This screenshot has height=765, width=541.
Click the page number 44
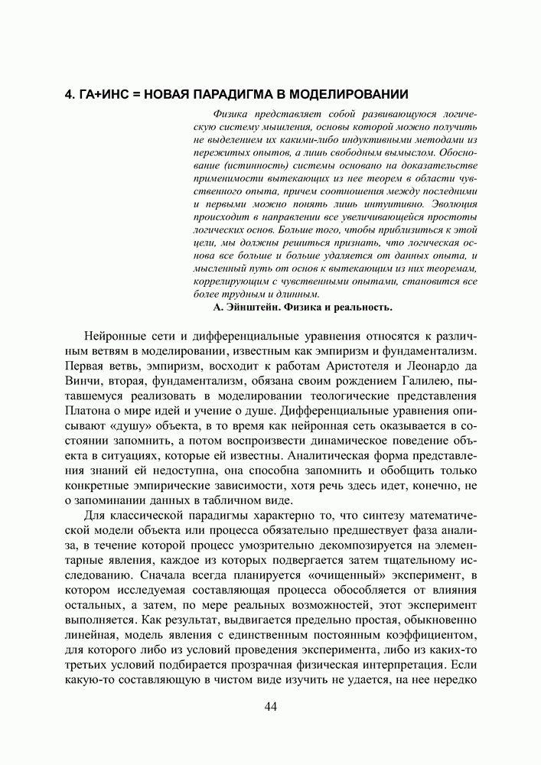pos(270,706)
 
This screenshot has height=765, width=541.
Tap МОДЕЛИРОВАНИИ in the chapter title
pos(345,95)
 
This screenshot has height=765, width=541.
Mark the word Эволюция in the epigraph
pos(455,204)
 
